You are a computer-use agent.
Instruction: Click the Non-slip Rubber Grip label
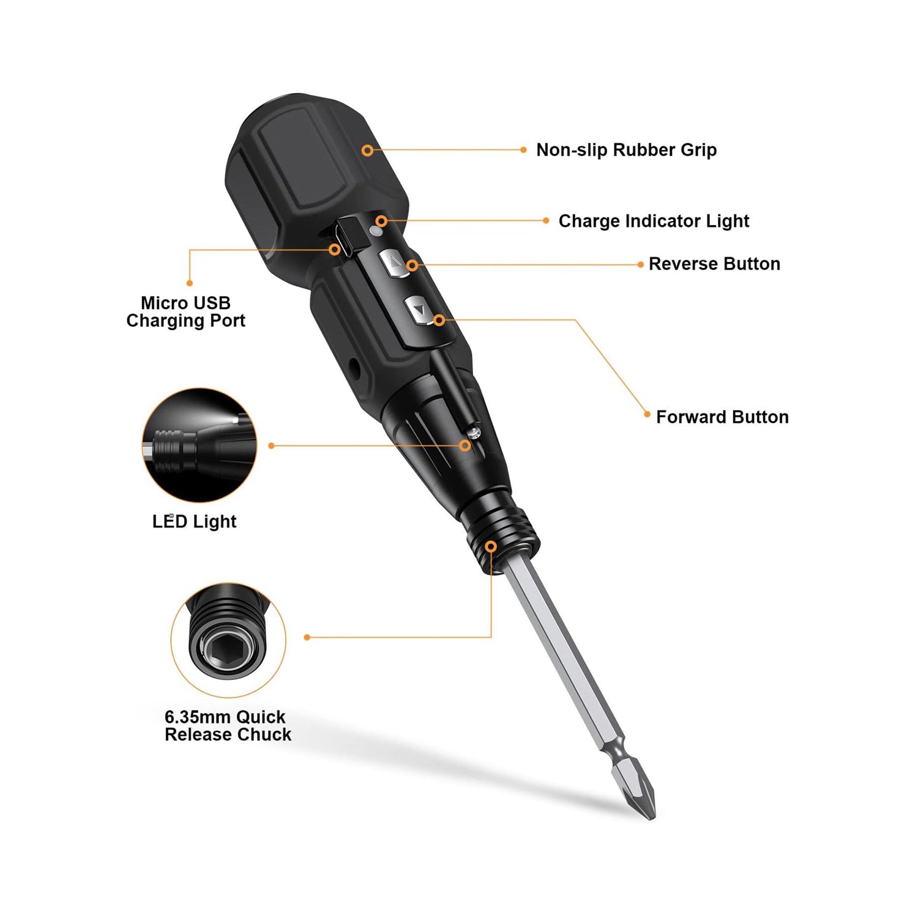[626, 150]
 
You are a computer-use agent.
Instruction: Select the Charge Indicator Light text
[654, 221]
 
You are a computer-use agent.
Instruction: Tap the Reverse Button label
[714, 264]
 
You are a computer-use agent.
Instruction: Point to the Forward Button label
[722, 417]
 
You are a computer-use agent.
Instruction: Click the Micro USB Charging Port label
[185, 312]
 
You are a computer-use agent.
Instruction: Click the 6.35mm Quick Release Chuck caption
[228, 726]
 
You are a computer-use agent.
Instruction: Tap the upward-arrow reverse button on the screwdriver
[394, 264]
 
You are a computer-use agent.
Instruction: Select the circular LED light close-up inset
[200, 446]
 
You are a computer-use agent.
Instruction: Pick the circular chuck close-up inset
[228, 640]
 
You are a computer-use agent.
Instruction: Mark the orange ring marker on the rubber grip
[367, 150]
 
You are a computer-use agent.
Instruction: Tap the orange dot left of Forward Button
[647, 414]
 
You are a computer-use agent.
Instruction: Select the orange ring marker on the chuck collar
[491, 546]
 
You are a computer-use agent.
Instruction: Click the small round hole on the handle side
[354, 367]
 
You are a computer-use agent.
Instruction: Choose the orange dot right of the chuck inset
[307, 637]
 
